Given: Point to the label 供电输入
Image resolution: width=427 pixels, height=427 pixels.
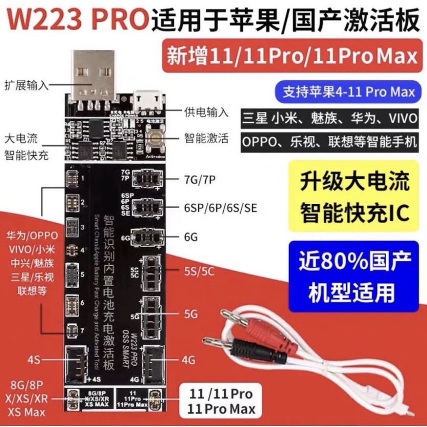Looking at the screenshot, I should click(206, 112).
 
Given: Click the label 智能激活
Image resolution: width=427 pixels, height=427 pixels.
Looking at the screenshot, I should click(206, 138).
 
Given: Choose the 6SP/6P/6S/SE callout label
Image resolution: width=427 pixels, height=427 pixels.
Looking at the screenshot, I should click(221, 208).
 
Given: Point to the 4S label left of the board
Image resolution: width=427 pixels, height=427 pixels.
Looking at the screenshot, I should click(34, 360).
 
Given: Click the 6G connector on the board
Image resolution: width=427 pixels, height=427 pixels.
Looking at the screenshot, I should click(146, 236).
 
